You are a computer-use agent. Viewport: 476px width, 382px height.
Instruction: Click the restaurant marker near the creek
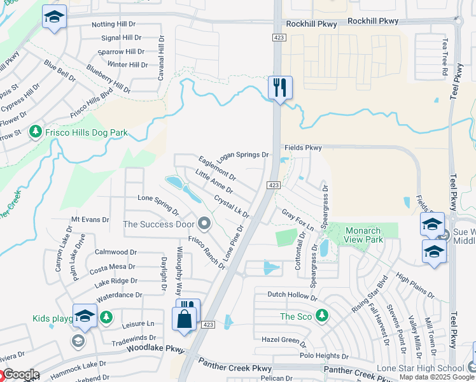[x=280, y=87]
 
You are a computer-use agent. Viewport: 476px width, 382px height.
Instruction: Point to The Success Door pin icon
[x=204, y=223]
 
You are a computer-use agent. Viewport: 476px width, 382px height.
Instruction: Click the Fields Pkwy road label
[x=304, y=147]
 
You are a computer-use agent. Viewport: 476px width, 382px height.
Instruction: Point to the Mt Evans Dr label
[x=90, y=219]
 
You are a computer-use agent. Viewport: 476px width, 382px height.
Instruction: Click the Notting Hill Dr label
[x=114, y=24]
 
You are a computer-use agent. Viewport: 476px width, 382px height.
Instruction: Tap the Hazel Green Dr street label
[x=284, y=340]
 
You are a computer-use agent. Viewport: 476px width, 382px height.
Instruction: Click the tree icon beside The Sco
[x=322, y=316]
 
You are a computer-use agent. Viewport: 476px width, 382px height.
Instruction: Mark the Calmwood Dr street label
[x=115, y=252]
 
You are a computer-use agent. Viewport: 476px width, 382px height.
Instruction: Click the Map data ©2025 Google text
[x=437, y=378]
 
